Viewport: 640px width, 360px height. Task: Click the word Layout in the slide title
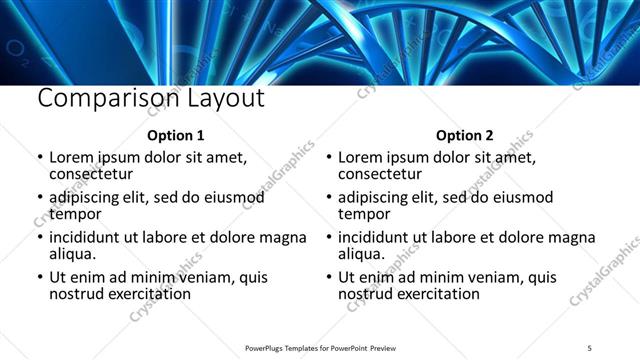[x=222, y=99]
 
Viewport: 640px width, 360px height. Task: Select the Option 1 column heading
[x=176, y=135]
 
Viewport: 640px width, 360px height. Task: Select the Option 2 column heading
[x=465, y=135]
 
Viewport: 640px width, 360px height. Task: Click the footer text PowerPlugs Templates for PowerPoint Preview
[x=320, y=347]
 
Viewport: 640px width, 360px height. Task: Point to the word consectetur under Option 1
[x=92, y=174]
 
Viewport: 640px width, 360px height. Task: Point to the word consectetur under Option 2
[x=380, y=174]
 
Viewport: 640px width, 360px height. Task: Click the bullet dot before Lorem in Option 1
[x=40, y=158]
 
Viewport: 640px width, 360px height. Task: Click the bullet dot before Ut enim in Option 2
[x=329, y=278]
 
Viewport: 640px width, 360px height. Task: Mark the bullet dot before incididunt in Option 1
[x=40, y=238]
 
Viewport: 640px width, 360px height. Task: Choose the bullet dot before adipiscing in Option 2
[x=329, y=198]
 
